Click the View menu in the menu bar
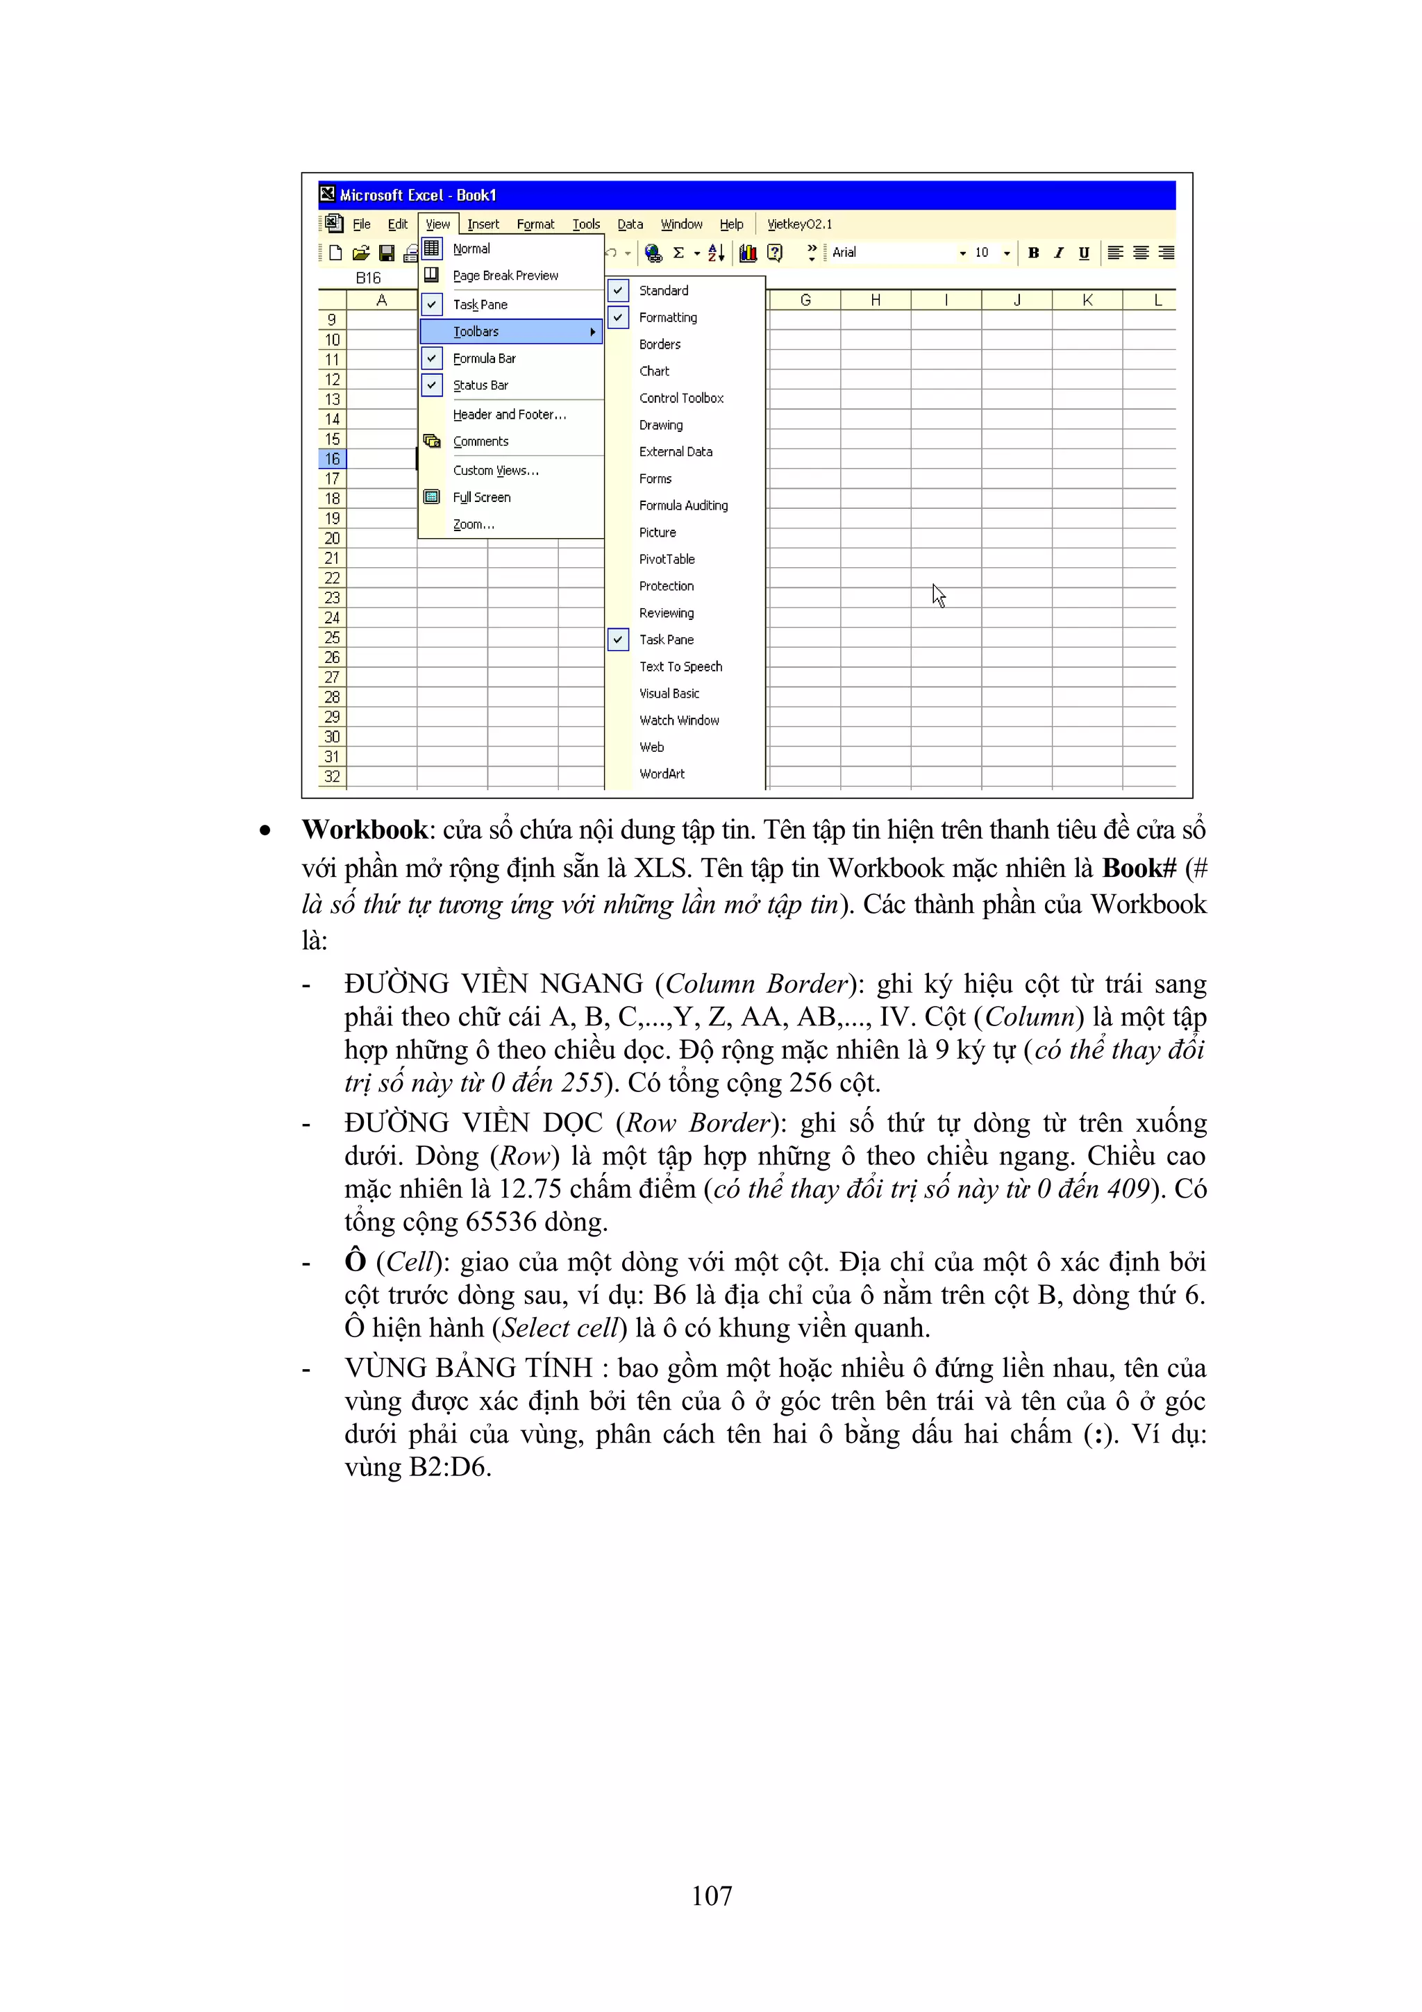point(437,224)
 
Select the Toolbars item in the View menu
point(476,331)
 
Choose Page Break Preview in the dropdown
point(505,275)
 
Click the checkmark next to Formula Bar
point(432,358)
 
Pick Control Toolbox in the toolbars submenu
point(680,398)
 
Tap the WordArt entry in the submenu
point(662,774)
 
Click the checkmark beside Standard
point(619,290)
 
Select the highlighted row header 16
point(332,458)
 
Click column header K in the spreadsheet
point(1087,301)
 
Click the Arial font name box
point(889,253)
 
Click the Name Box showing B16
point(368,278)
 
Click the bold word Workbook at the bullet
point(365,830)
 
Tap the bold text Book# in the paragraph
point(1138,869)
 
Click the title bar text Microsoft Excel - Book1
point(418,195)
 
